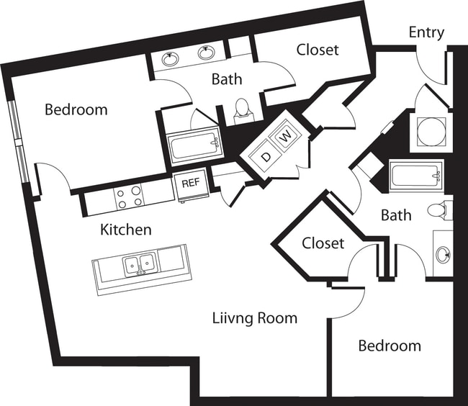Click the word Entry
tap(426, 32)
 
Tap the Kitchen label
tap(125, 230)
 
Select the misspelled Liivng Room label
tap(254, 317)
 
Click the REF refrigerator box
tap(190, 183)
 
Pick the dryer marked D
tap(266, 156)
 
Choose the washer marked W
tap(285, 135)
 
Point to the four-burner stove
tap(129, 197)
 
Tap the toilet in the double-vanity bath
tap(243, 111)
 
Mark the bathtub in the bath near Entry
tap(415, 175)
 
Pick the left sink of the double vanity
tap(171, 58)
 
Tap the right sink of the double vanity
tap(207, 53)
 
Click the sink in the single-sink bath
tap(442, 253)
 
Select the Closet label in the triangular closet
tap(323, 243)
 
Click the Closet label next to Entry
tap(318, 50)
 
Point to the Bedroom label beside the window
tap(76, 110)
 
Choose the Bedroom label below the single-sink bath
tap(390, 346)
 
